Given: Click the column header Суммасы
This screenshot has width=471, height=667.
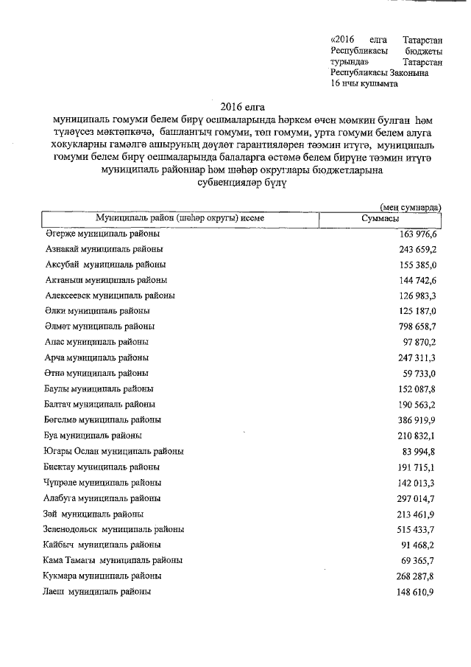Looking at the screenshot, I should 380,219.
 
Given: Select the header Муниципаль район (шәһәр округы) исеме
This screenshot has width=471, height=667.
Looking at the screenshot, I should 180,219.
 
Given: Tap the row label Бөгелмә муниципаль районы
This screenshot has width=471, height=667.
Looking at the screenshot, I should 102,420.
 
